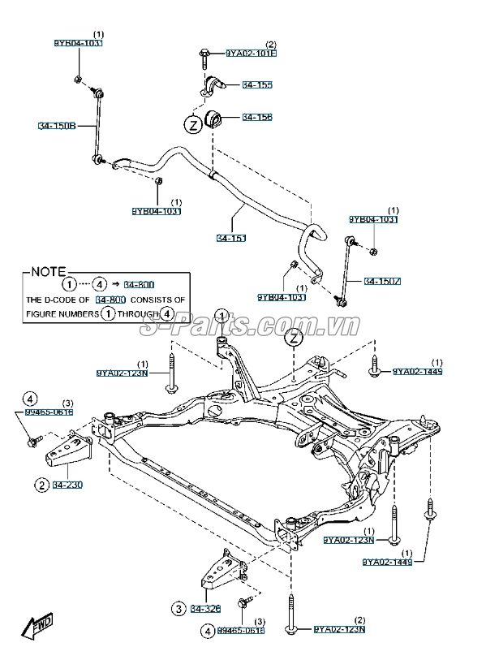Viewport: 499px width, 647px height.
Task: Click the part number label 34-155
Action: click(x=258, y=84)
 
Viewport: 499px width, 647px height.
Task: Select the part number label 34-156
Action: click(x=258, y=117)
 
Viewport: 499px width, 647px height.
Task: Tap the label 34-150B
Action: click(x=57, y=126)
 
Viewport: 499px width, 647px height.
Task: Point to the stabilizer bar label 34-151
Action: click(x=231, y=238)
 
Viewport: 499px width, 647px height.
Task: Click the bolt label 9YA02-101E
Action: click(x=251, y=54)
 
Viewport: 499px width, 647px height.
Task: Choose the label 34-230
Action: click(x=69, y=485)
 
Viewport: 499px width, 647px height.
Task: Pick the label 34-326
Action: click(x=206, y=608)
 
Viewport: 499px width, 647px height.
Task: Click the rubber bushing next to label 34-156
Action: click(x=217, y=117)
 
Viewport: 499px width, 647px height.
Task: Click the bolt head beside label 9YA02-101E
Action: click(x=203, y=54)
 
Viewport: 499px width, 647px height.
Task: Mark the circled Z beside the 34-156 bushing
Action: click(x=193, y=126)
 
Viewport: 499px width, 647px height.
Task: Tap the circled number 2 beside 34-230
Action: click(x=40, y=485)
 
